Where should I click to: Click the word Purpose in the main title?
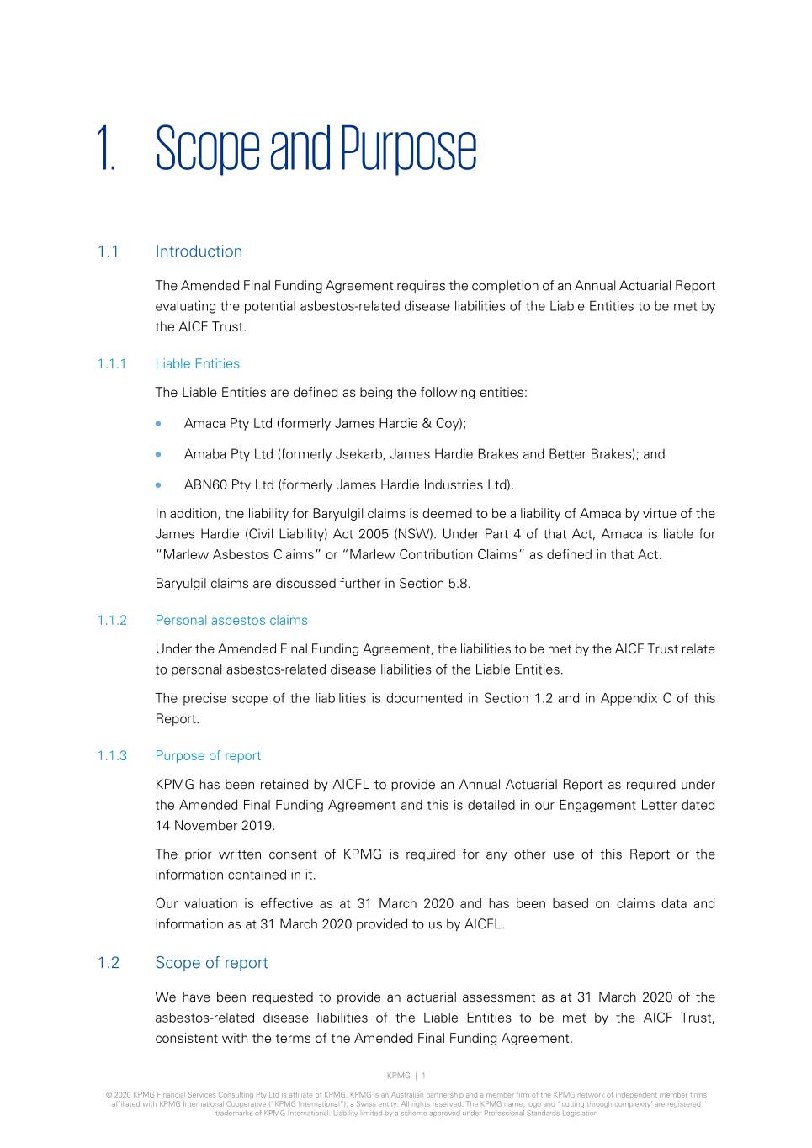(x=408, y=151)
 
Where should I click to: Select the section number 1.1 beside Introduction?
(x=108, y=251)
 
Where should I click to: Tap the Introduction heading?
(x=199, y=251)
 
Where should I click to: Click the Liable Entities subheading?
(x=197, y=364)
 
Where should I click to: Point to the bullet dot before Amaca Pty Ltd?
(x=158, y=424)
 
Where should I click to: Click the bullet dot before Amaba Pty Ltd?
(x=158, y=454)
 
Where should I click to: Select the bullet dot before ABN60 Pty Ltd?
(x=158, y=485)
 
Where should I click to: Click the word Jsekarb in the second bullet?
(x=359, y=454)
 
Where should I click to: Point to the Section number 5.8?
(x=459, y=584)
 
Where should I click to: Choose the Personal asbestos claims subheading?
(x=231, y=621)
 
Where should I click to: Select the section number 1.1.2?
(x=111, y=621)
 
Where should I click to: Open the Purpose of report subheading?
(x=208, y=756)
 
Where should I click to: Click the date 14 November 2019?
(x=215, y=826)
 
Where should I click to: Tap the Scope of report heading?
(x=211, y=963)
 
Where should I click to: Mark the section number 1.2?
(x=108, y=963)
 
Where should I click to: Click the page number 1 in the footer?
(x=423, y=1076)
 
